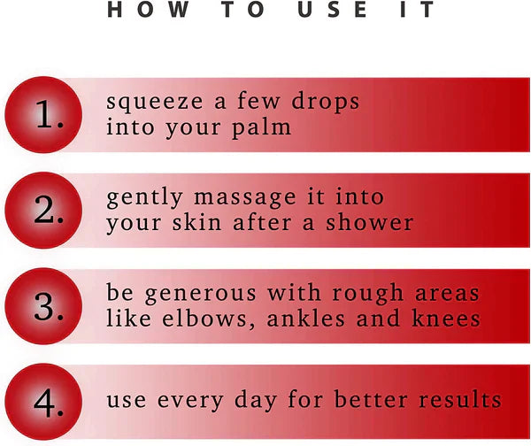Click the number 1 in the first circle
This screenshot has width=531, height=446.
tap(44, 114)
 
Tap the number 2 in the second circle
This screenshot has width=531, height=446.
tap(44, 210)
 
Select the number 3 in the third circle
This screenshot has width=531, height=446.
tap(44, 307)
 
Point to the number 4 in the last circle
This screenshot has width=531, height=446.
tap(45, 403)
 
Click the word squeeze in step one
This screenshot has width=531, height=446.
tap(155, 103)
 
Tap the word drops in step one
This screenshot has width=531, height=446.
tap(325, 101)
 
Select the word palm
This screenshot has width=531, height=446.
tap(261, 127)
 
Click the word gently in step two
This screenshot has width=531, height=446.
tap(144, 198)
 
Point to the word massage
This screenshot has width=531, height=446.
tap(244, 198)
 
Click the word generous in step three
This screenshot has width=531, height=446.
tap(201, 295)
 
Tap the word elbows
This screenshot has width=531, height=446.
tap(204, 319)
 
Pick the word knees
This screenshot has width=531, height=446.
tap(446, 319)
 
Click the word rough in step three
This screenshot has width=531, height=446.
tap(367, 293)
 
